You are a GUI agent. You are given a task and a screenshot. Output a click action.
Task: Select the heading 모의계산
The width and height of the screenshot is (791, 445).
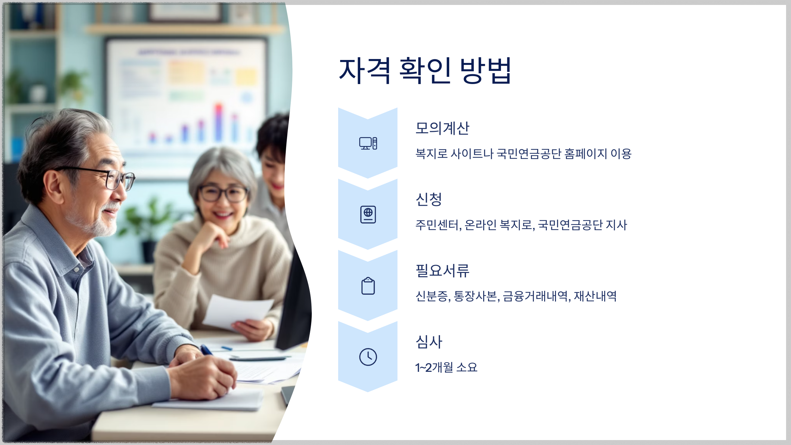(442, 128)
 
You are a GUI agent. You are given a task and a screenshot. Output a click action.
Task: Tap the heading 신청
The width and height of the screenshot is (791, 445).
(428, 199)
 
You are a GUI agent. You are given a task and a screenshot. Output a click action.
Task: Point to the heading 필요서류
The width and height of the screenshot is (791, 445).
(442, 271)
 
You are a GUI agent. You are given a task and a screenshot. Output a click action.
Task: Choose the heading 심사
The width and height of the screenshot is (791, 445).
(428, 342)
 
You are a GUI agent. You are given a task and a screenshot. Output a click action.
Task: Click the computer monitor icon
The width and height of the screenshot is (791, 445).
(368, 143)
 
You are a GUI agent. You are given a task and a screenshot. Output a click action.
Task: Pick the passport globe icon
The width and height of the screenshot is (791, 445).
(368, 215)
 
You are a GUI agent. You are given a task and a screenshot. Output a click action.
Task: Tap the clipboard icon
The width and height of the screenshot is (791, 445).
(368, 286)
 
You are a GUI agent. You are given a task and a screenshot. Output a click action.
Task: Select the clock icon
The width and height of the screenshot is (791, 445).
(368, 357)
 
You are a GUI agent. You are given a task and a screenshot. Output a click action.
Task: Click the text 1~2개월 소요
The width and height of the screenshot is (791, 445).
(446, 367)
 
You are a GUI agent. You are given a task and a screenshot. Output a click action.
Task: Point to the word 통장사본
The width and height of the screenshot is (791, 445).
(476, 296)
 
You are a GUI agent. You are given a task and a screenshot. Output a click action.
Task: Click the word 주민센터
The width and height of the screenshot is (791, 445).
(437, 225)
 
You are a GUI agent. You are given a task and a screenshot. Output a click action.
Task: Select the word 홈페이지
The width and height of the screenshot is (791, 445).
(585, 154)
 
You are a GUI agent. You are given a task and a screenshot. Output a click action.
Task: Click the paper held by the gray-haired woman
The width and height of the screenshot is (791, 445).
(237, 311)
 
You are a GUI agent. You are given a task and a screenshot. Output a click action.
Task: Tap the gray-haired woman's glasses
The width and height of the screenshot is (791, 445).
(223, 193)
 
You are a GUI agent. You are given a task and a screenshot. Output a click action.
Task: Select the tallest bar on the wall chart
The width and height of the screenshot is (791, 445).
(219, 122)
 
